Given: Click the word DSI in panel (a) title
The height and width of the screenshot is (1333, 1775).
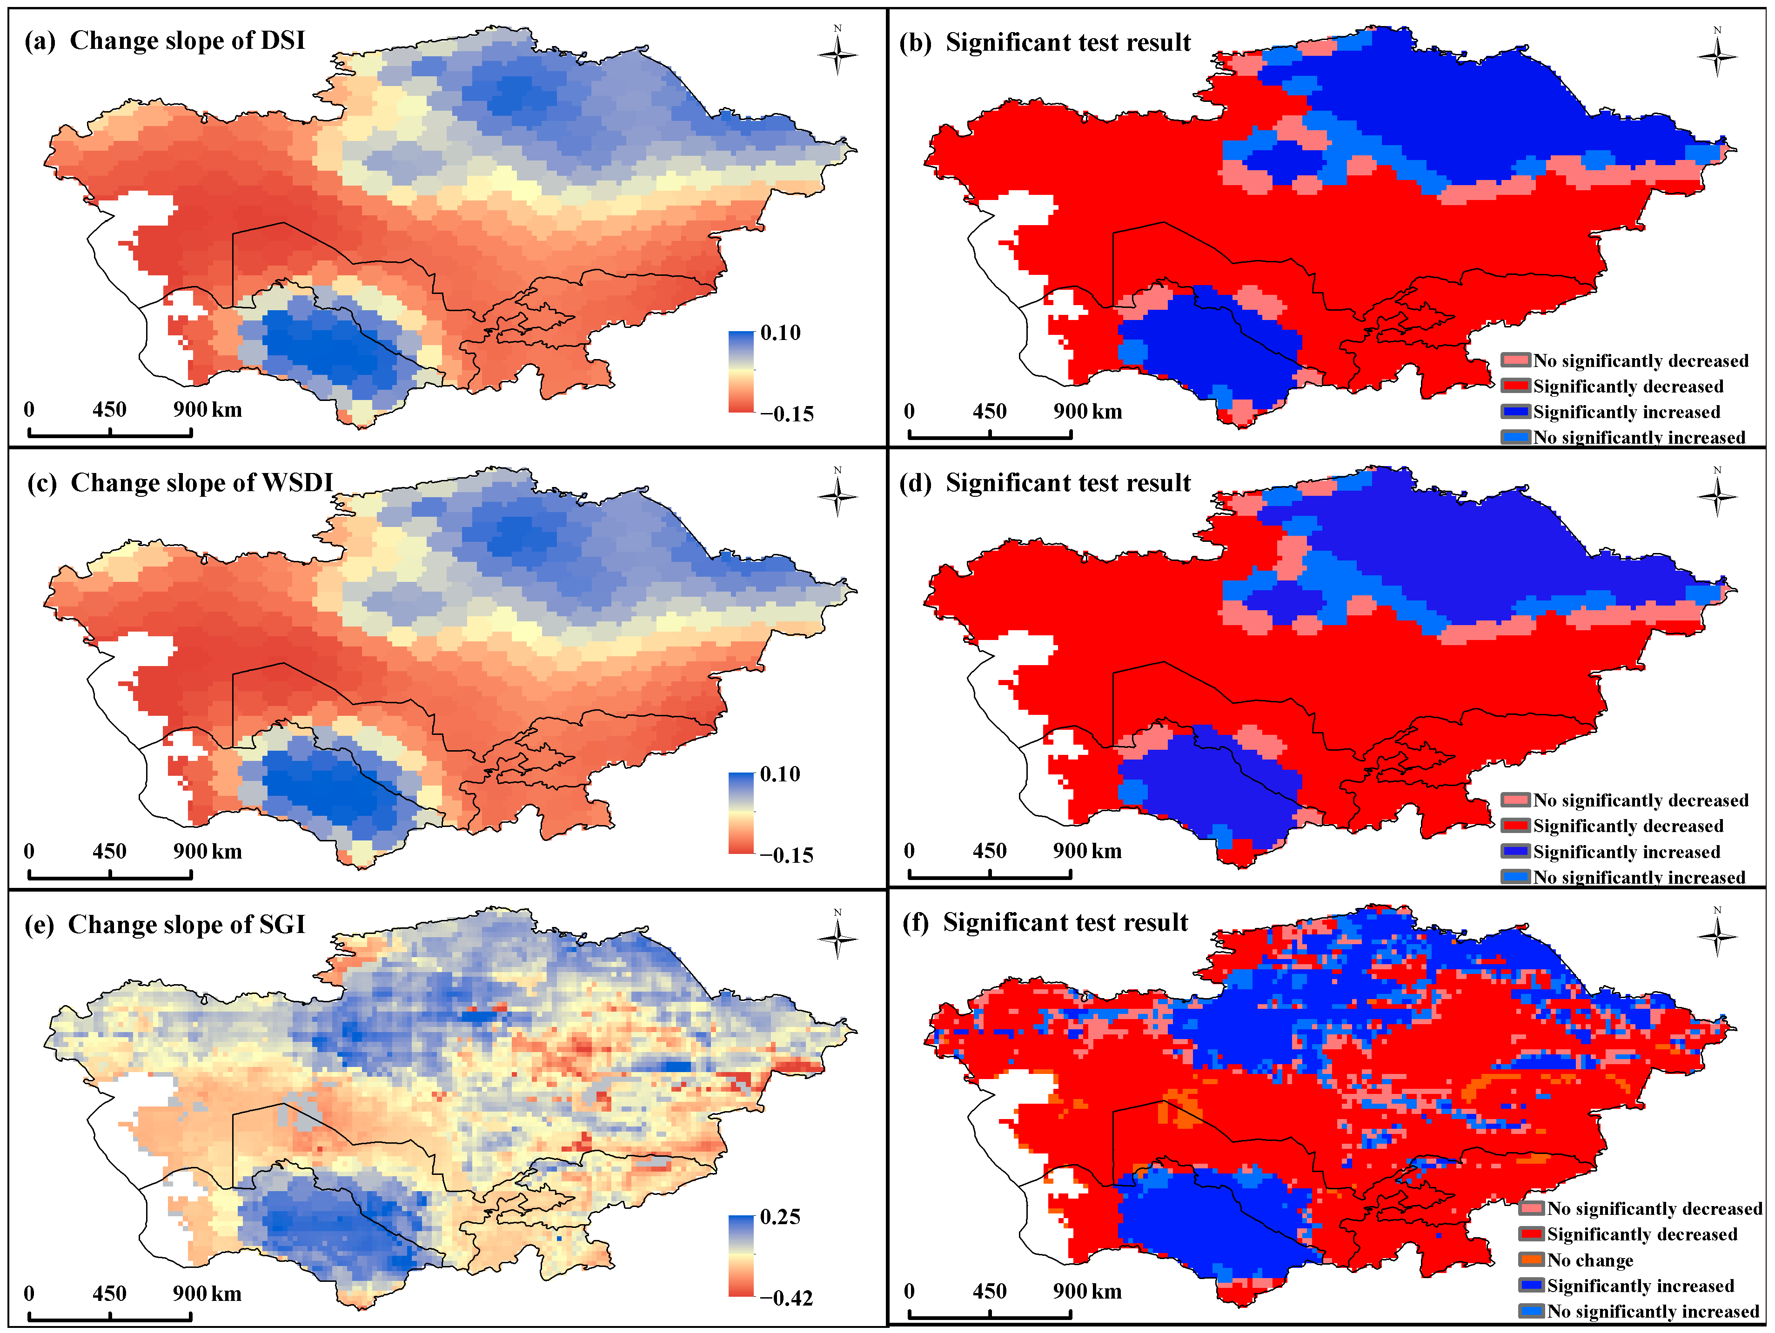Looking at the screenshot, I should click(282, 40).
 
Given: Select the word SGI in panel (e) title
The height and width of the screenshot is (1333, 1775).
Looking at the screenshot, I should click(282, 925).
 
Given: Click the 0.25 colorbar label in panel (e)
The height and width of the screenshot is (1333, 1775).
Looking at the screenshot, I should click(780, 1217).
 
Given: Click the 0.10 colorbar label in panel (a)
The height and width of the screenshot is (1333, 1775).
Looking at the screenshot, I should click(780, 333).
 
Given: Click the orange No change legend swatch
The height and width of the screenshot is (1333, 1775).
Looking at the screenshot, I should click(1531, 1260).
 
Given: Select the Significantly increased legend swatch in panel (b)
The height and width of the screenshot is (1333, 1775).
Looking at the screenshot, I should click(1516, 412).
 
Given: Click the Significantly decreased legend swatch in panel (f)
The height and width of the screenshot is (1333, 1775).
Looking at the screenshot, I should click(1531, 1234).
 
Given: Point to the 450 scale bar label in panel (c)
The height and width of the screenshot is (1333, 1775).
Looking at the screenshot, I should click(109, 852).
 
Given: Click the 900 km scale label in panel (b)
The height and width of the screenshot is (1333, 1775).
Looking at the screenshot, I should click(1087, 412).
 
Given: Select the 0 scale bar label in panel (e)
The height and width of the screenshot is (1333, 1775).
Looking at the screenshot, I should click(29, 1294).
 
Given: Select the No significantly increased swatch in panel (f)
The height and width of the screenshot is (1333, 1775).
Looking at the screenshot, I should click(1531, 1311).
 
